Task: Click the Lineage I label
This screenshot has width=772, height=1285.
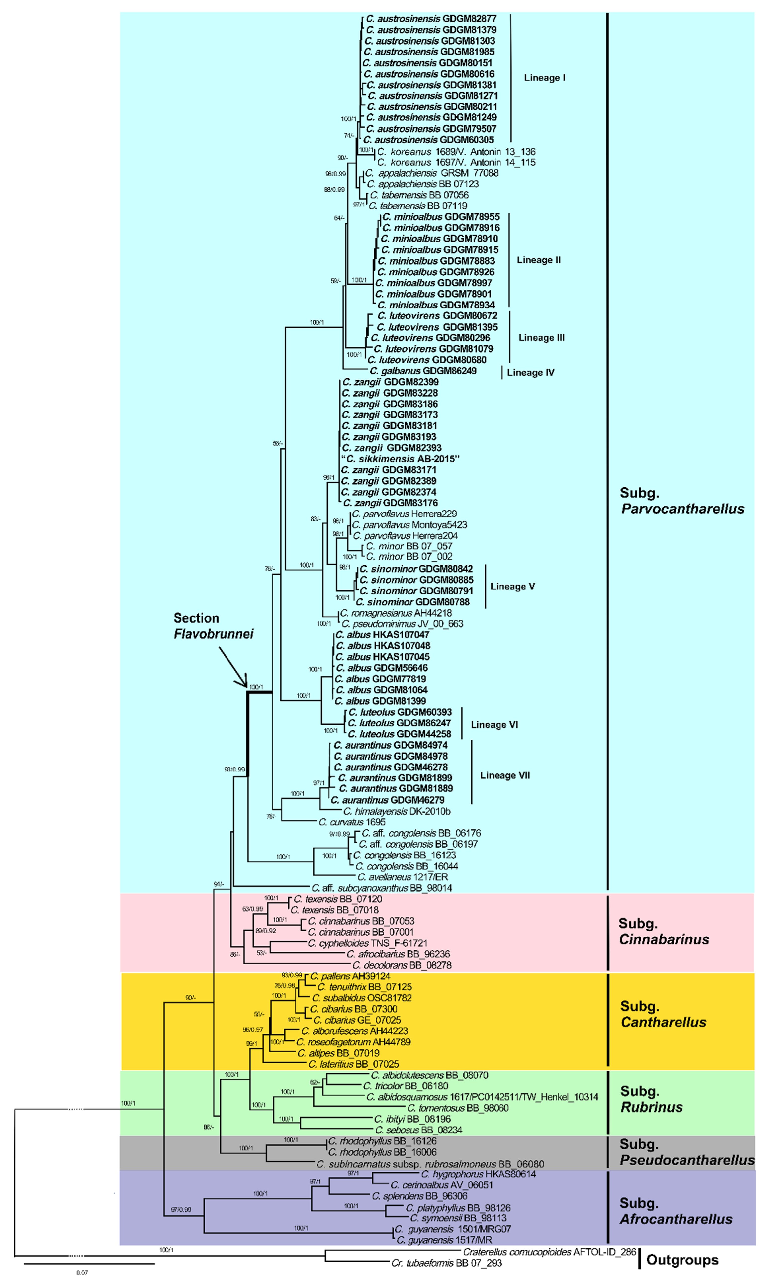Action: (x=544, y=78)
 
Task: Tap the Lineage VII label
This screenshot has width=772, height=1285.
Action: (x=505, y=775)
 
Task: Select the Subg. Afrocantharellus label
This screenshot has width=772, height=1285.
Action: (x=675, y=1211)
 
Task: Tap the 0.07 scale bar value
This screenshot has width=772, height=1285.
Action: (x=82, y=1273)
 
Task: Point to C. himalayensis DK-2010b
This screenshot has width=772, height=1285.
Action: (x=396, y=811)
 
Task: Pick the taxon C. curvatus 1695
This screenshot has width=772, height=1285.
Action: (x=352, y=822)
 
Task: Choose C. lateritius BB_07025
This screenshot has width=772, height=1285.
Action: (x=354, y=1064)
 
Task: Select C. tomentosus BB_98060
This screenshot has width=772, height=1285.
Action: (x=458, y=1108)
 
